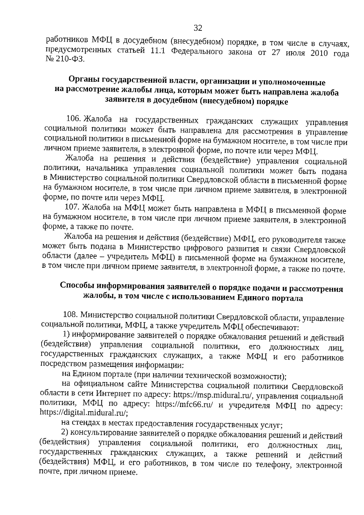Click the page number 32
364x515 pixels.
(198, 28)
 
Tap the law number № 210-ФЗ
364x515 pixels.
(65, 59)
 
